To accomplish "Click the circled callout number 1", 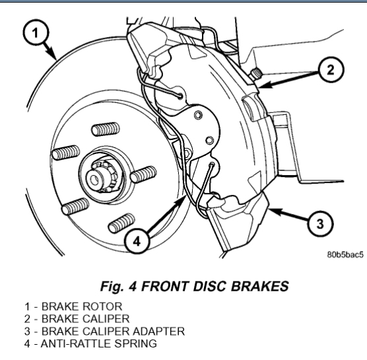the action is click(x=36, y=32).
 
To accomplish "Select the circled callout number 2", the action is click(x=331, y=70).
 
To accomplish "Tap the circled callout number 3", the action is click(x=320, y=224).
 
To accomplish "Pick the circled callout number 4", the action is click(x=137, y=241).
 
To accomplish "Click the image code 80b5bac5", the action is click(x=345, y=254).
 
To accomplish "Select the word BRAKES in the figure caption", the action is click(x=260, y=286).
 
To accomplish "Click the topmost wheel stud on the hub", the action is click(x=106, y=129).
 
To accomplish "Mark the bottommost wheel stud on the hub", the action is click(x=121, y=223).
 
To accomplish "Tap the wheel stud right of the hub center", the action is click(x=143, y=174).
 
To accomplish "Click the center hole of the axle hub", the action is click(x=94, y=180).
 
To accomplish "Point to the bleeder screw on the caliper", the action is click(x=255, y=73).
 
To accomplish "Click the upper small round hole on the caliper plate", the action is click(x=198, y=115).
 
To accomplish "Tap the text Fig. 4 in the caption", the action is click(x=118, y=286).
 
